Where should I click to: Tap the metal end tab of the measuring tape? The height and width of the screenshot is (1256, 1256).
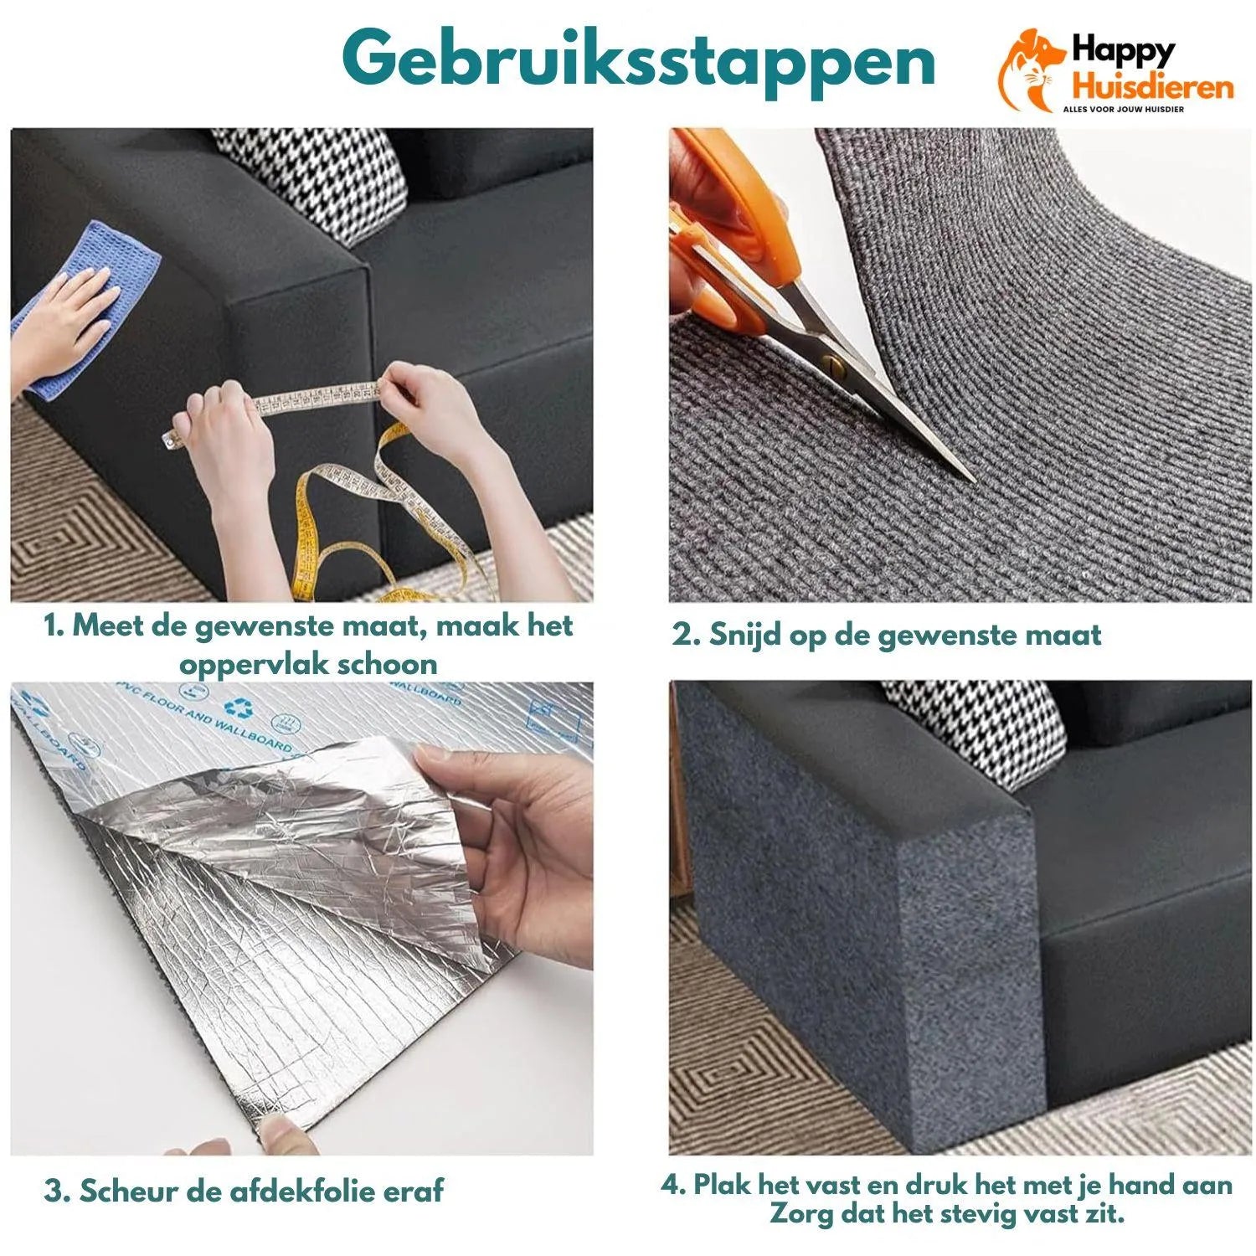point(171,438)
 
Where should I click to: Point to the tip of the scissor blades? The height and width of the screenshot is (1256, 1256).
point(971,479)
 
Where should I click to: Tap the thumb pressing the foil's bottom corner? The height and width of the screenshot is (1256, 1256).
point(281,1135)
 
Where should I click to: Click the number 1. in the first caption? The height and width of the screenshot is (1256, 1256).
point(54,626)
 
